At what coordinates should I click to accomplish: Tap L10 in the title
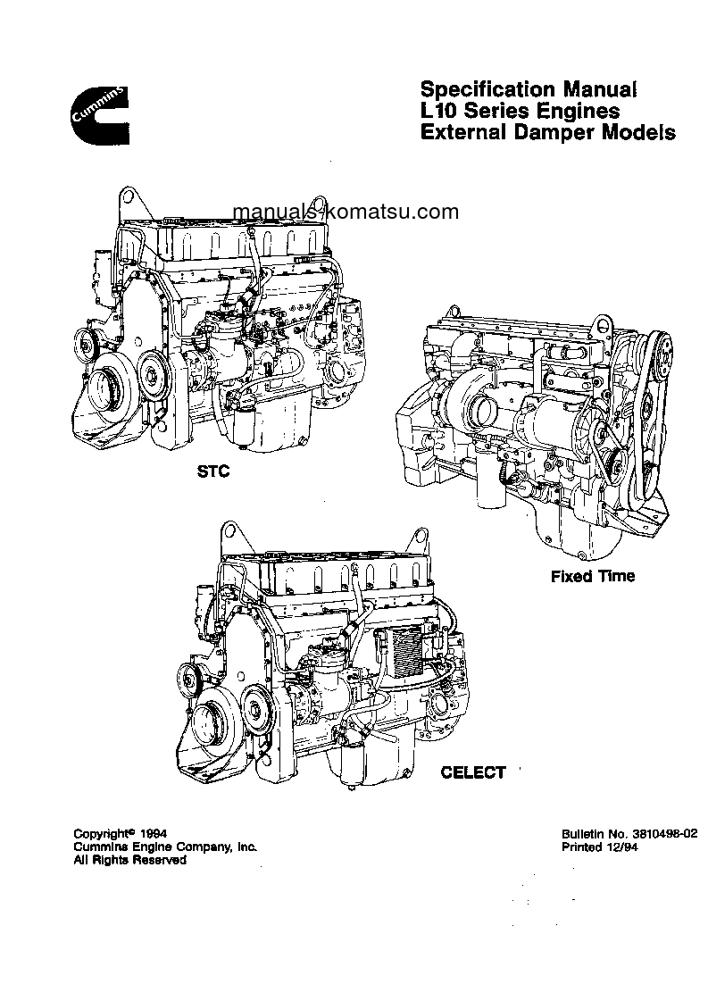(438, 112)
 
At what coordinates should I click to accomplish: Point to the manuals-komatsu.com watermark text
(345, 212)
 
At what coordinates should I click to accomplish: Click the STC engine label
(213, 471)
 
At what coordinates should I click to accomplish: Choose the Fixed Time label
(592, 576)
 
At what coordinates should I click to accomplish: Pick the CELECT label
(473, 772)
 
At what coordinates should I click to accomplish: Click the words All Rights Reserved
(129, 860)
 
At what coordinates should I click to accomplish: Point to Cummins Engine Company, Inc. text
(165, 846)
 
